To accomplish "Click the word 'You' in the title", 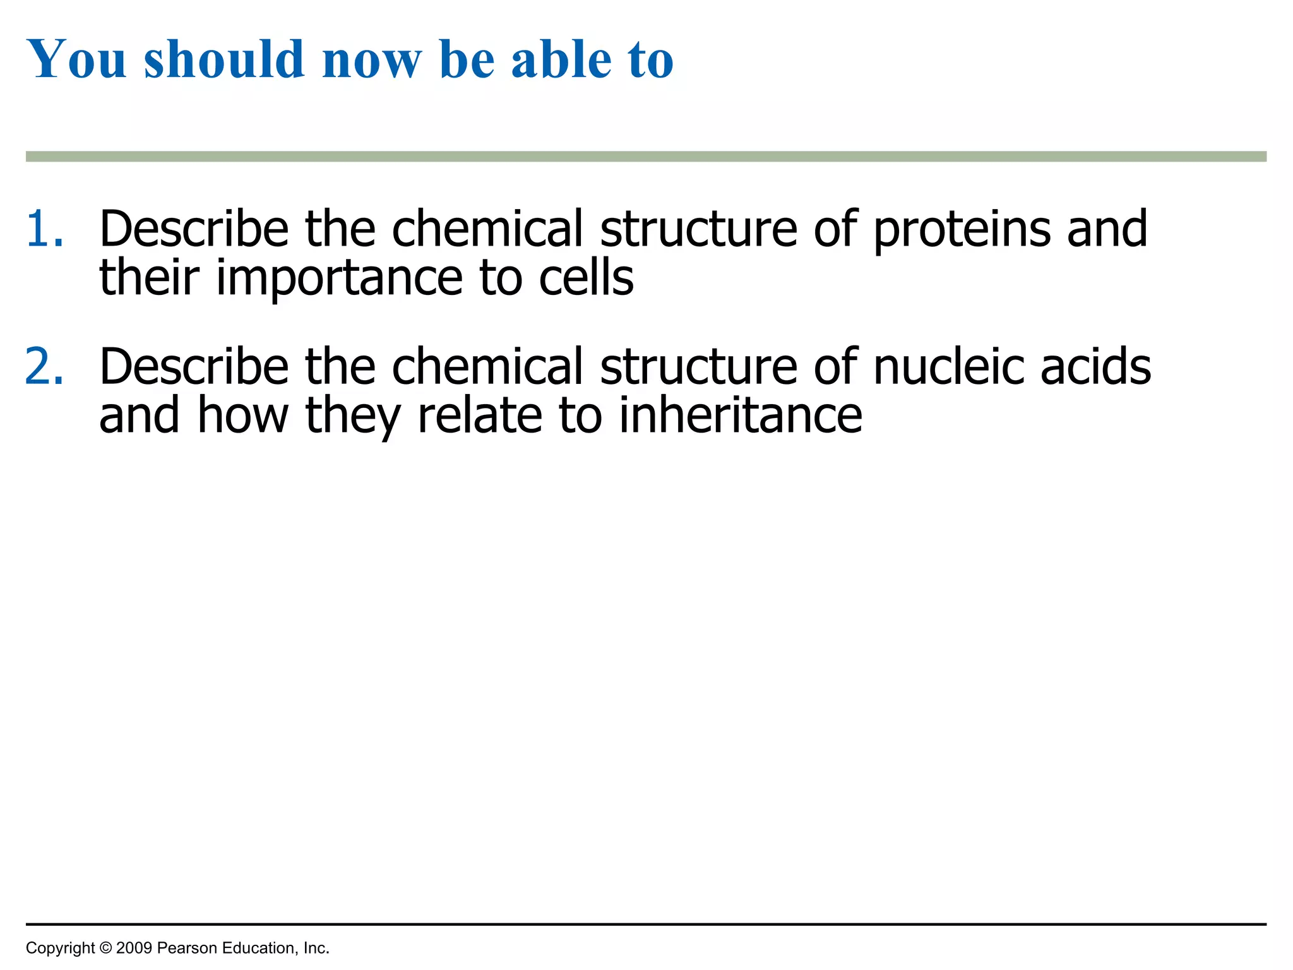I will coord(77,59).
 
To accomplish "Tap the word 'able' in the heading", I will coord(561,59).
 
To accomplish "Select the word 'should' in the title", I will coord(224,59).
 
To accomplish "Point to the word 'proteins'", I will coord(962,230).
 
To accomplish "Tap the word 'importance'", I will coord(340,278).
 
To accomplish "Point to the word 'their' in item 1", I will coord(149,278).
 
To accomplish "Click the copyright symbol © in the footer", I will coord(105,948).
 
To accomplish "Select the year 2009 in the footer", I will coord(134,948).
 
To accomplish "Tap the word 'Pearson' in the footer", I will coord(187,948).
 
